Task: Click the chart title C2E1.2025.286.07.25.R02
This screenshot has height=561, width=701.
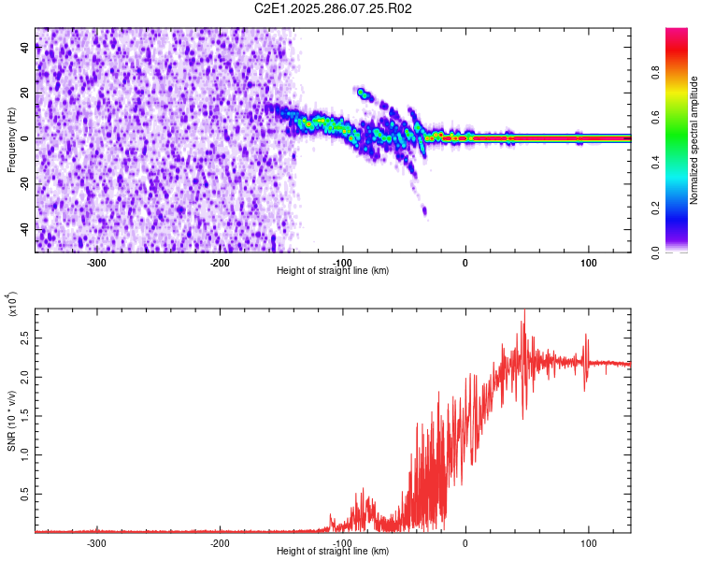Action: [334, 8]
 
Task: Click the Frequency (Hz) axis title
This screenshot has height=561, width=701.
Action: [11, 140]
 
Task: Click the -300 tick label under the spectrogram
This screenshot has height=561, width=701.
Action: [96, 263]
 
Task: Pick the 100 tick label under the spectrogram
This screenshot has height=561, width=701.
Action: [589, 263]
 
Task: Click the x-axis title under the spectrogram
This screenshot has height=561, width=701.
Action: [333, 271]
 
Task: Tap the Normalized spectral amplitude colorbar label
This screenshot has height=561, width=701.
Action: [694, 140]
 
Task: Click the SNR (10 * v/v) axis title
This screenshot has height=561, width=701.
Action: [11, 421]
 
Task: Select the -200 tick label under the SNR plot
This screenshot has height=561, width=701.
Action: [220, 543]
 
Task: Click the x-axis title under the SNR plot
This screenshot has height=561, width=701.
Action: [333, 552]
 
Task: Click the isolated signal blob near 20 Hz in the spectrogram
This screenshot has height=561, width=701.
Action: [364, 93]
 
